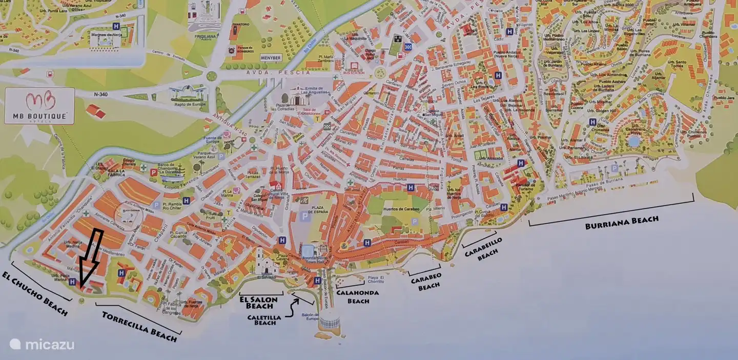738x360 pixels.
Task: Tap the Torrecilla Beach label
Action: click(x=140, y=326)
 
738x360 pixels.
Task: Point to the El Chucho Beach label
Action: click(x=35, y=293)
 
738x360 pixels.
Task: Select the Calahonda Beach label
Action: click(x=358, y=296)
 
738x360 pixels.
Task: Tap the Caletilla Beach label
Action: click(x=265, y=320)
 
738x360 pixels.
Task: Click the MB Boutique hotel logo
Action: click(x=39, y=106)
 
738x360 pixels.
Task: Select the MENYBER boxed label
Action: click(x=272, y=58)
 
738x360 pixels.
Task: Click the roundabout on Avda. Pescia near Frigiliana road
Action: click(x=211, y=76)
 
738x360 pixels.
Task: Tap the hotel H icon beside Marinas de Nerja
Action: click(x=116, y=26)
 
